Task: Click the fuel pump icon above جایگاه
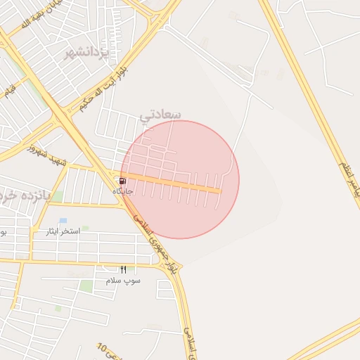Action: [123, 181]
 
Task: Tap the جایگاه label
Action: [123, 191]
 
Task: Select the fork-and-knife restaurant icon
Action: [123, 269]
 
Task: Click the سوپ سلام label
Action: [123, 280]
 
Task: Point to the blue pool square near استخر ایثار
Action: [63, 221]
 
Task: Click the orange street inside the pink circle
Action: [176, 184]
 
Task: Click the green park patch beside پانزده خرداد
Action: [58, 196]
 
